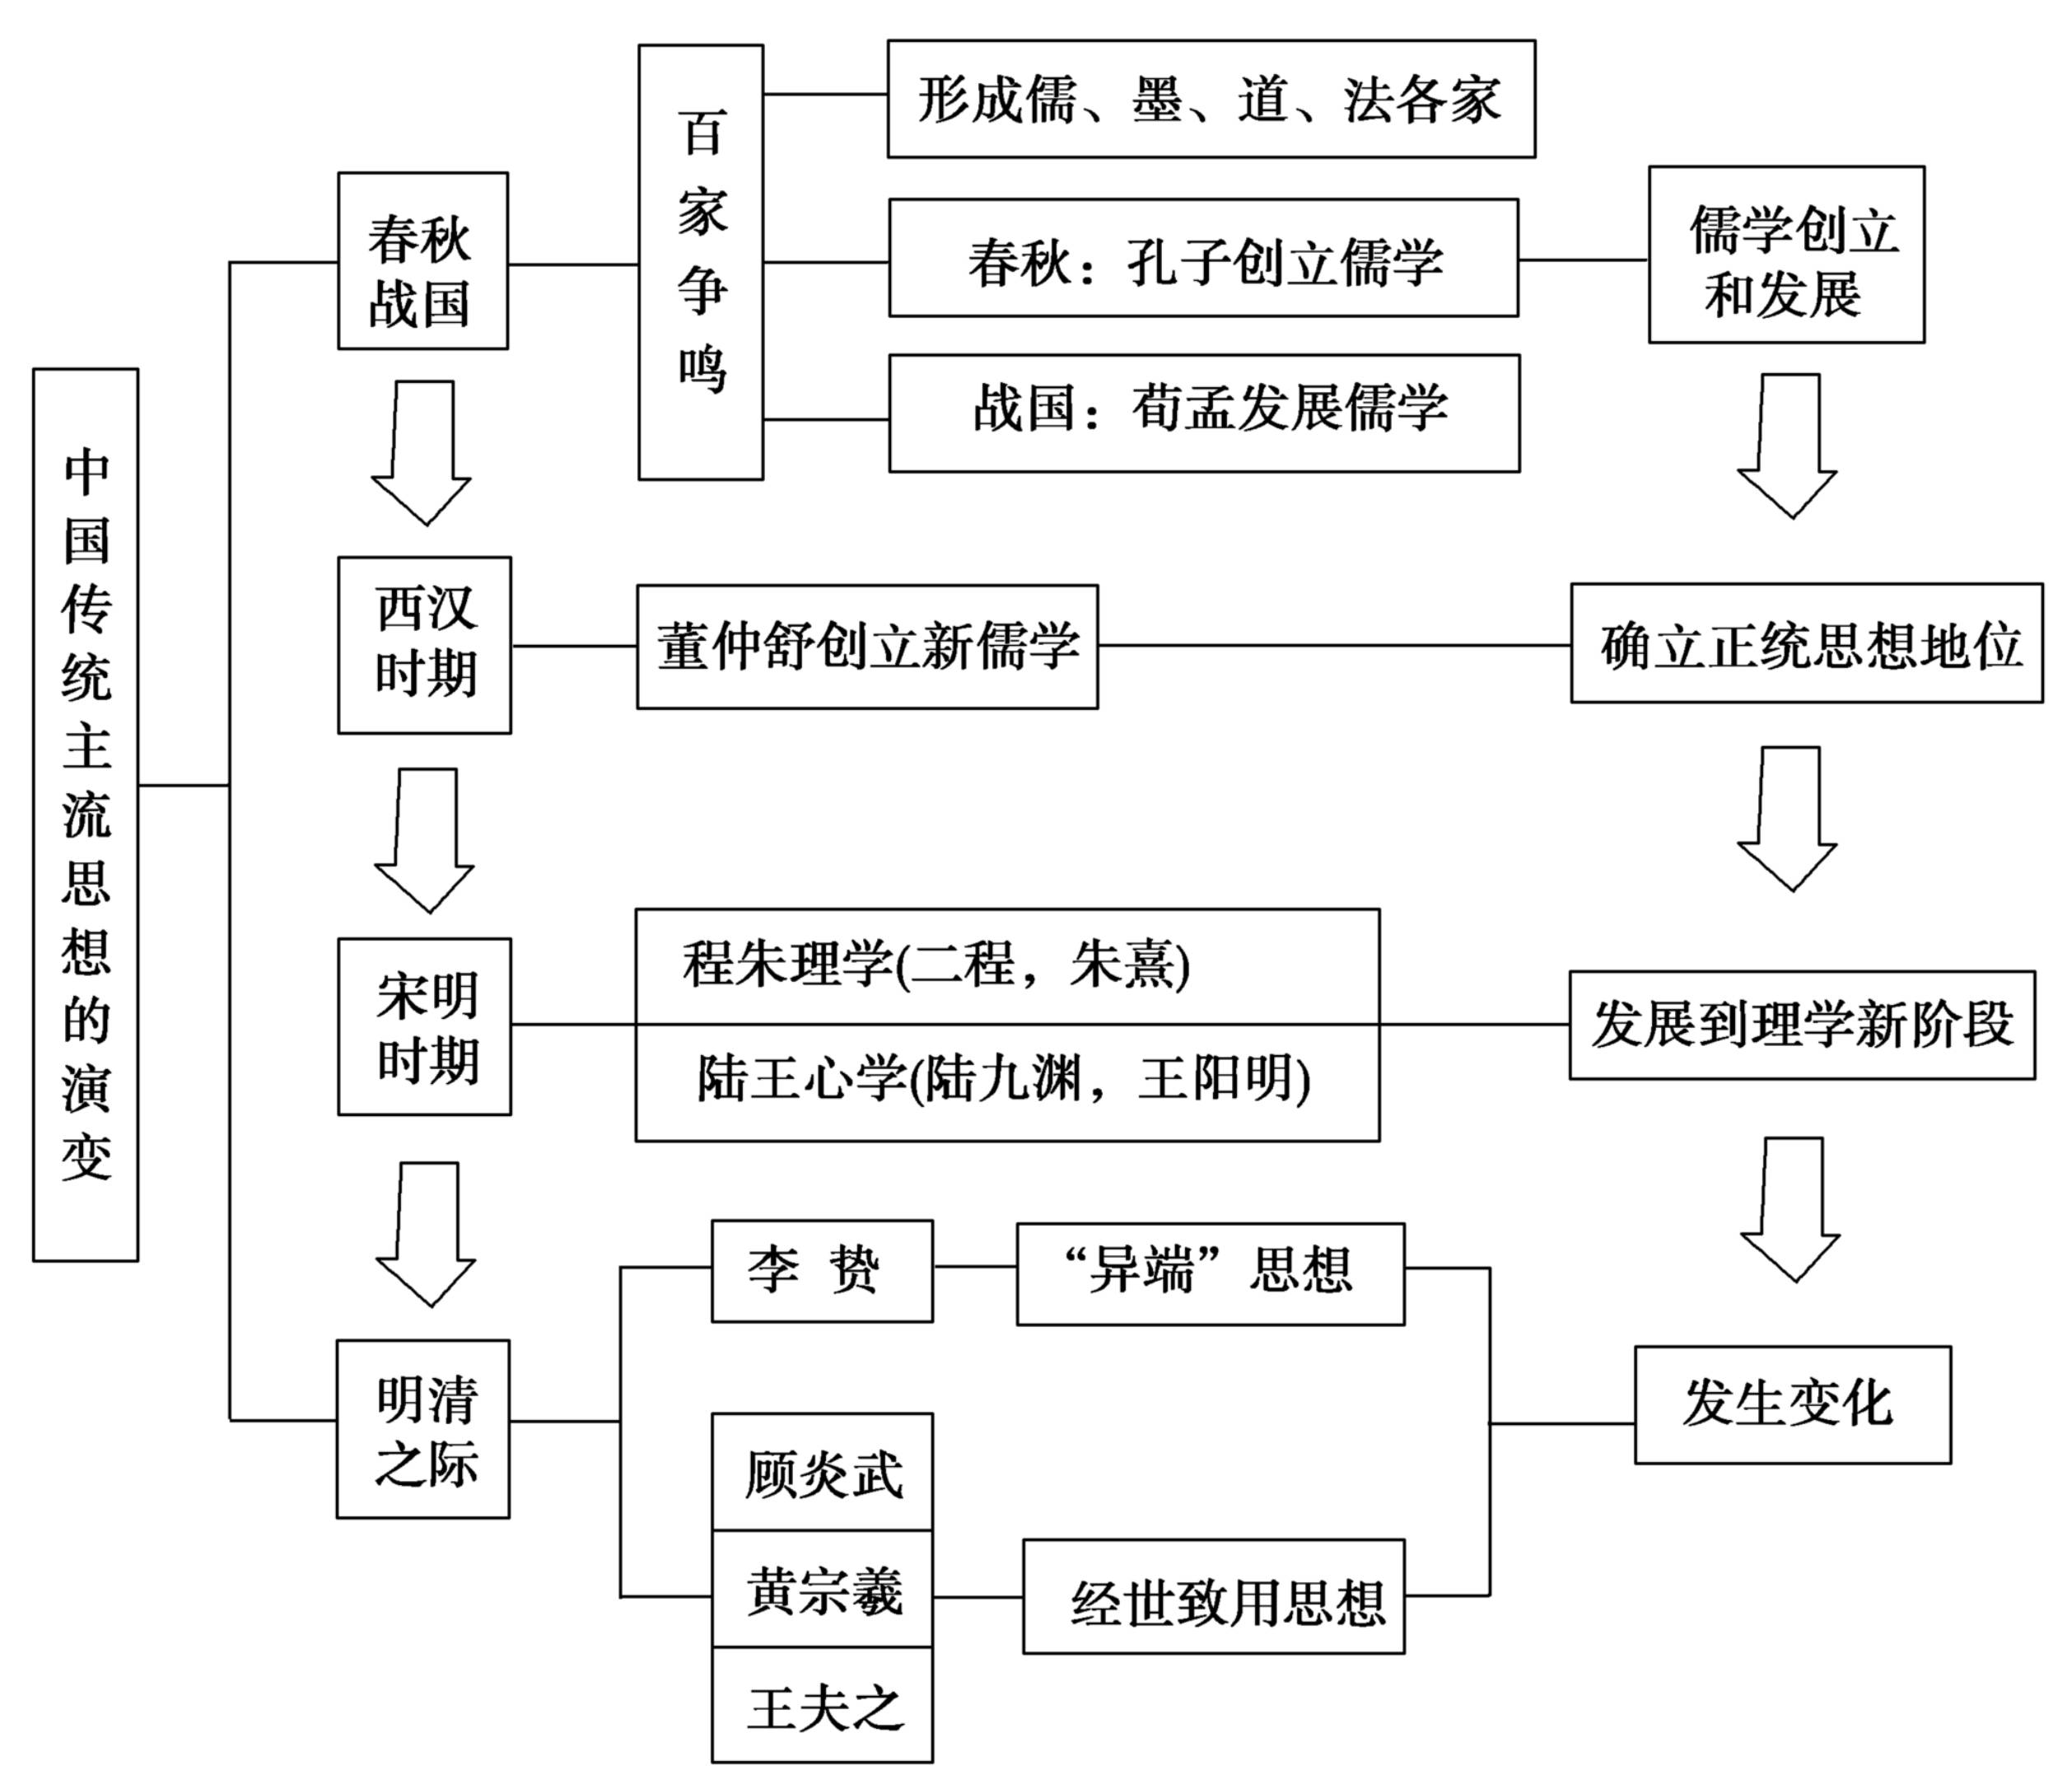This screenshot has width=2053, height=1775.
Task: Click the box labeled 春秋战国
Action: tap(422, 260)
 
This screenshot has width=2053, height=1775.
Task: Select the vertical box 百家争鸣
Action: tap(701, 262)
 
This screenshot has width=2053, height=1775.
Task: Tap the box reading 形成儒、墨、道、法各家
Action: tap(1211, 99)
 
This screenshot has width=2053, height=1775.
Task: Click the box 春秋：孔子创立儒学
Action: tap(1203, 259)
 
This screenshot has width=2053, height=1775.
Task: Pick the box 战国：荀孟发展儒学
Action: tap(1203, 413)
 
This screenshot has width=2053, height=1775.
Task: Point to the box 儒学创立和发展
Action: tap(1786, 255)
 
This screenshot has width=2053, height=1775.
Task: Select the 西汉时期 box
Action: tap(424, 645)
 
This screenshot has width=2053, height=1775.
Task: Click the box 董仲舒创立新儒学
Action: tap(867, 647)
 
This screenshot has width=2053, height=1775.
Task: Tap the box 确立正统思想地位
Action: tap(1806, 644)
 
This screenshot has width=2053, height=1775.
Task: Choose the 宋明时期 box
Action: tap(424, 1027)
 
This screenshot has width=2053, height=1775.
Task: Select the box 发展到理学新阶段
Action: tap(1801, 1025)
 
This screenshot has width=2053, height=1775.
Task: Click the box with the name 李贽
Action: tap(821, 1271)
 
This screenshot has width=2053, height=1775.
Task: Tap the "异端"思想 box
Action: tap(1210, 1273)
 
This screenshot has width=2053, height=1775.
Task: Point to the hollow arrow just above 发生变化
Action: tap(1790, 1211)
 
